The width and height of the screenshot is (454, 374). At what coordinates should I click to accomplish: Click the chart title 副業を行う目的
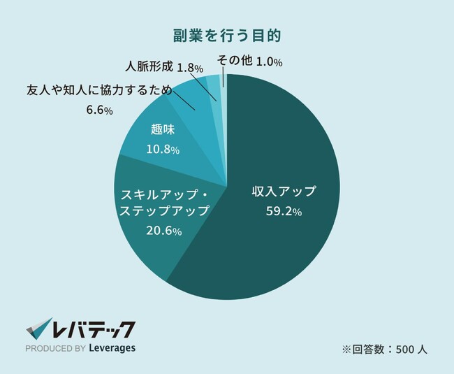pyautogui.click(x=227, y=34)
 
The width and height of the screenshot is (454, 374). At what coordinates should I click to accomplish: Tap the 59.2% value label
pyautogui.click(x=284, y=212)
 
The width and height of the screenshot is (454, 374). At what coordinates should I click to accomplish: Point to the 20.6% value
pyautogui.click(x=164, y=230)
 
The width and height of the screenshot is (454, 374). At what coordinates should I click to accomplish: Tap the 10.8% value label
pyautogui.click(x=163, y=150)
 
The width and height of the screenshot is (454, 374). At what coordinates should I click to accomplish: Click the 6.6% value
pyautogui.click(x=99, y=111)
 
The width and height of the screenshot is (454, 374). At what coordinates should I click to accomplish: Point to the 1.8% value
pyautogui.click(x=190, y=69)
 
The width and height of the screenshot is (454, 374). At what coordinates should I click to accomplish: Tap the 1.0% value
pyautogui.click(x=269, y=62)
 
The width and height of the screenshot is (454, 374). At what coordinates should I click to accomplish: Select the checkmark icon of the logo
pyautogui.click(x=41, y=328)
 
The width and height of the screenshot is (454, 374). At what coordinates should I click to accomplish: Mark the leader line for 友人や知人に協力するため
pyautogui.click(x=184, y=101)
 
